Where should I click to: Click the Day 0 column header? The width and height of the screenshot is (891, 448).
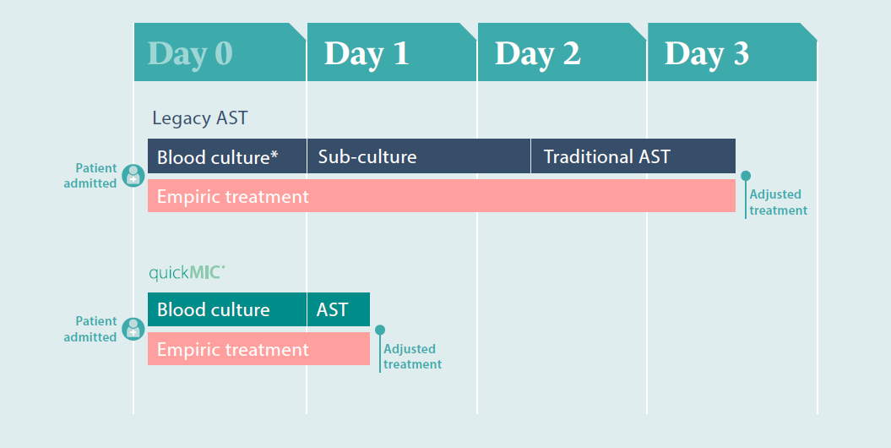220,52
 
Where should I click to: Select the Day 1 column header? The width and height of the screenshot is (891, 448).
392,52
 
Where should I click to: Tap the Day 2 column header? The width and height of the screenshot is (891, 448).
562,52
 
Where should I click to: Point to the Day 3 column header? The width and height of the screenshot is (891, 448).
732,52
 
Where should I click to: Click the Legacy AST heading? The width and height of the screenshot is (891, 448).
200,118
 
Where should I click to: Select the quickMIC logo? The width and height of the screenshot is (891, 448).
187,273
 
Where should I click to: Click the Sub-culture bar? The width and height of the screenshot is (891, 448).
419,156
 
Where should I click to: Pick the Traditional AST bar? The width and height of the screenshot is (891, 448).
633,156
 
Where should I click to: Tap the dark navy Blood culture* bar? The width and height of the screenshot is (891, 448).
226,156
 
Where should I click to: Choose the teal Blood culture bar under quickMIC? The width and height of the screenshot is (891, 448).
226,309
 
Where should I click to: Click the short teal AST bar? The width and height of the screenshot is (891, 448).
339,309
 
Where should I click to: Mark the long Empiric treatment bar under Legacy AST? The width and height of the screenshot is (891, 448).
442,196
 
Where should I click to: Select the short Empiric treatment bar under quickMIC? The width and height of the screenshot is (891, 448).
258,348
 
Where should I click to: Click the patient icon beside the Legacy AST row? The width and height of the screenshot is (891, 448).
133,176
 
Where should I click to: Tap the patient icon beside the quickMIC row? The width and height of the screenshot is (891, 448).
133,329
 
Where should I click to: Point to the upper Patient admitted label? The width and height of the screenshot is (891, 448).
90,176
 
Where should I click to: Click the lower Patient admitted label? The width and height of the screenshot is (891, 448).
90,329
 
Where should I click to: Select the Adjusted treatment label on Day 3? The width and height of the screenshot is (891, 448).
778,202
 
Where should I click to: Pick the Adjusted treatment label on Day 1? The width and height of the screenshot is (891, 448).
412,357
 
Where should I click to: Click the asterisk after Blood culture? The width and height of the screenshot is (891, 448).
274,153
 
